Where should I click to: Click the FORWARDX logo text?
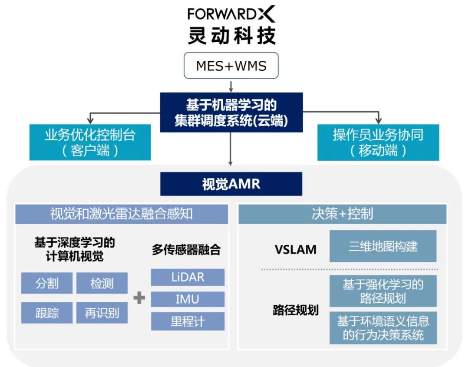[x=231, y=14]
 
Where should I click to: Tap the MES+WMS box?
[x=231, y=66]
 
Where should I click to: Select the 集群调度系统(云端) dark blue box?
[x=231, y=112]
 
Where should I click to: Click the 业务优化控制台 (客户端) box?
[x=90, y=142]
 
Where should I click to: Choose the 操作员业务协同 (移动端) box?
[x=378, y=142]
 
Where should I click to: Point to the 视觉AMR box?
[x=231, y=184]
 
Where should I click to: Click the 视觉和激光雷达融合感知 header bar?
[x=122, y=214]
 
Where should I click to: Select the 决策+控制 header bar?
[x=342, y=214]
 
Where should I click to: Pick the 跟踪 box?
[x=47, y=313]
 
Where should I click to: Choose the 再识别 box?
[x=102, y=313]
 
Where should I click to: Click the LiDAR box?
[x=188, y=277]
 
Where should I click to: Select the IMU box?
[x=188, y=299]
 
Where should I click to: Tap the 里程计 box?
[x=188, y=322]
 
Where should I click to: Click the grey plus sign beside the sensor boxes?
[x=139, y=298]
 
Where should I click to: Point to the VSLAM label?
[x=295, y=250]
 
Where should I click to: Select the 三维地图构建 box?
[x=383, y=246]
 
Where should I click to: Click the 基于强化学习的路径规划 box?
[x=383, y=291]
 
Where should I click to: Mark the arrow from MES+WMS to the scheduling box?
[x=231, y=85]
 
